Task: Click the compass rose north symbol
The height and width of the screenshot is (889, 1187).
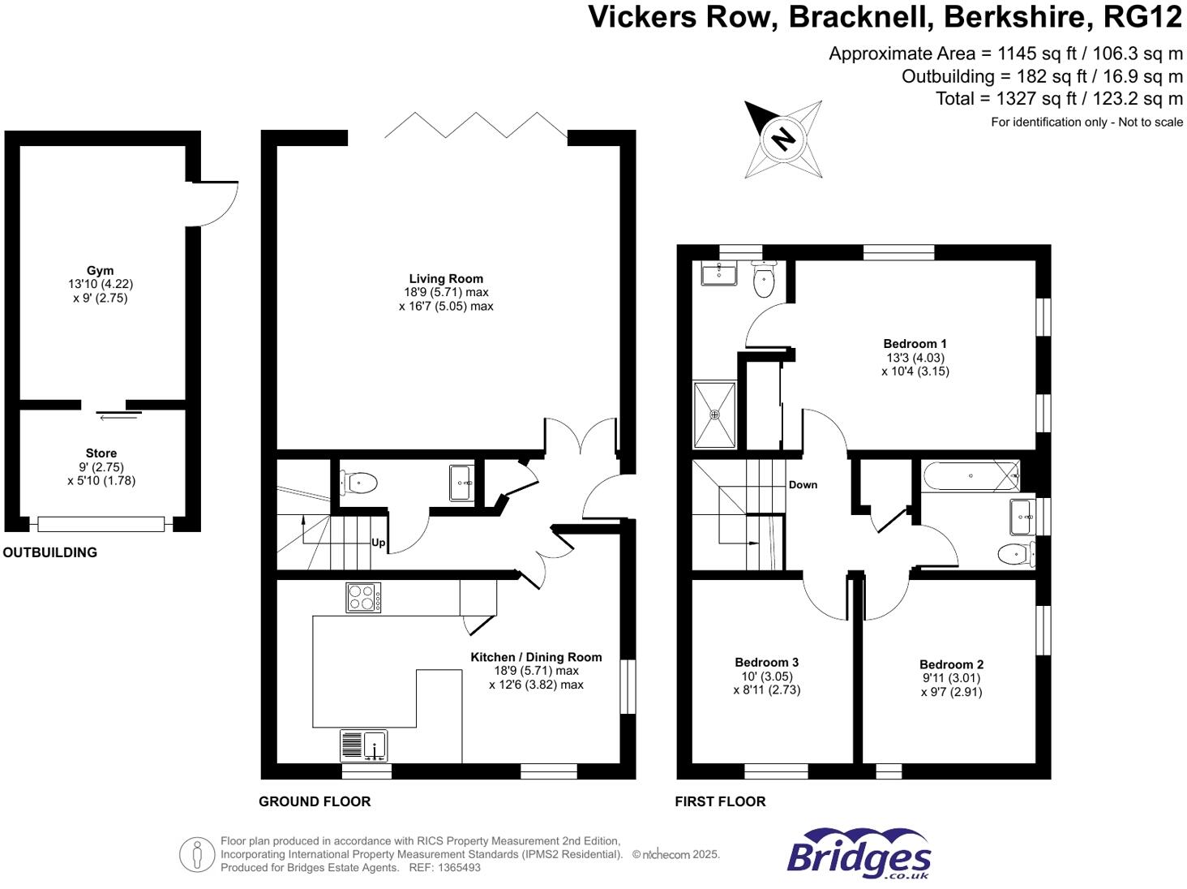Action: [x=782, y=138]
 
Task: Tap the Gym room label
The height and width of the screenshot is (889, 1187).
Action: [x=101, y=271]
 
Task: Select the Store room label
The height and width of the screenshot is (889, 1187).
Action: [x=101, y=453]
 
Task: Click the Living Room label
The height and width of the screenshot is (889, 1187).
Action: [x=446, y=278]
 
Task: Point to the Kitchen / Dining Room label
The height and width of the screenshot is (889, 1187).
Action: [x=536, y=657]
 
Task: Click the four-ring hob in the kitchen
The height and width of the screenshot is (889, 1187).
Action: [x=363, y=598]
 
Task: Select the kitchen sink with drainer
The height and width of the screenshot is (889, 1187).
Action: [x=364, y=745]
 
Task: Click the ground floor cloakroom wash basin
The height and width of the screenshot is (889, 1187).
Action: [x=461, y=483]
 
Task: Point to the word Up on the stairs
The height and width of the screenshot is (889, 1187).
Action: [x=378, y=543]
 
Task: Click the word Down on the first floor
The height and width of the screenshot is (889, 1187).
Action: [x=803, y=484]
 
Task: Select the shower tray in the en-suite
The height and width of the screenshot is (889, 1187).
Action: [x=714, y=414]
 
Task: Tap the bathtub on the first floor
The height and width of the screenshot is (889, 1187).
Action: [x=971, y=476]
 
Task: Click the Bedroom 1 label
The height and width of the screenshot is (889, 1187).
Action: [x=915, y=344]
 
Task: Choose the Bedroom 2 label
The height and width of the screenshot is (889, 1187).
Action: [x=951, y=664]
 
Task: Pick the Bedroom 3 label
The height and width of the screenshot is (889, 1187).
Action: [x=766, y=662]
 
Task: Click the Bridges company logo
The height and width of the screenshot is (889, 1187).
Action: [x=859, y=854]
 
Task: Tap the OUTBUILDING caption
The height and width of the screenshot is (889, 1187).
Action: [x=50, y=552]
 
